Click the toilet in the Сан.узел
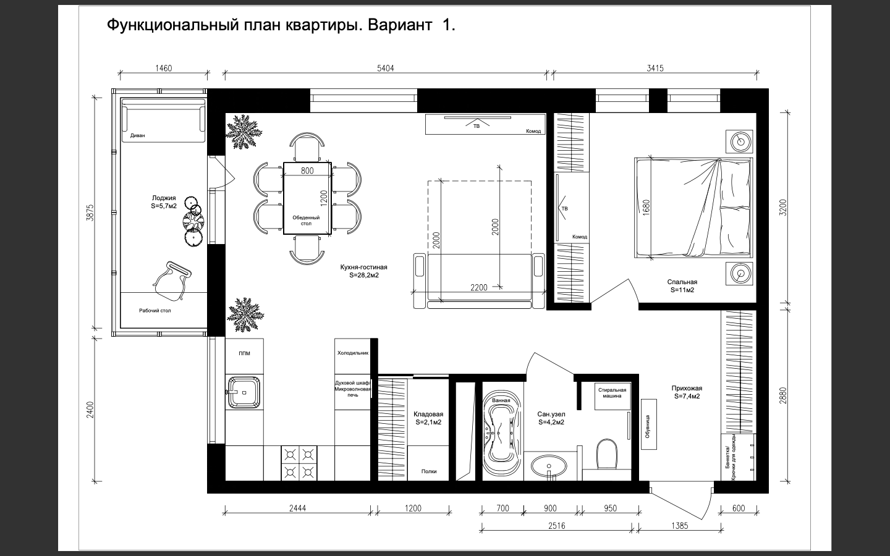pyautogui.click(x=606, y=453)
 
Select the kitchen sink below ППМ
pyautogui.click(x=244, y=392)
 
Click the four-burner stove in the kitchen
pyautogui.click(x=299, y=463)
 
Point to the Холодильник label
pyautogui.click(x=353, y=353)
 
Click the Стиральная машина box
pyautogui.click(x=612, y=396)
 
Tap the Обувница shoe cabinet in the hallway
pyautogui.click(x=648, y=424)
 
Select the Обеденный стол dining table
pyautogui.click(x=307, y=198)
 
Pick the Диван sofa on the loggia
pyautogui.click(x=163, y=120)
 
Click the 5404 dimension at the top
pyautogui.click(x=386, y=69)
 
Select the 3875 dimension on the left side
pyautogui.click(x=90, y=213)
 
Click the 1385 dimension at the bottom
pyautogui.click(x=679, y=526)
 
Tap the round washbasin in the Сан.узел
pyautogui.click(x=549, y=466)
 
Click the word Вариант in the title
pyautogui.click(x=400, y=25)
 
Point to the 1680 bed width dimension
pyautogui.click(x=646, y=207)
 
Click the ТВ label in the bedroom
pyautogui.click(x=565, y=209)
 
